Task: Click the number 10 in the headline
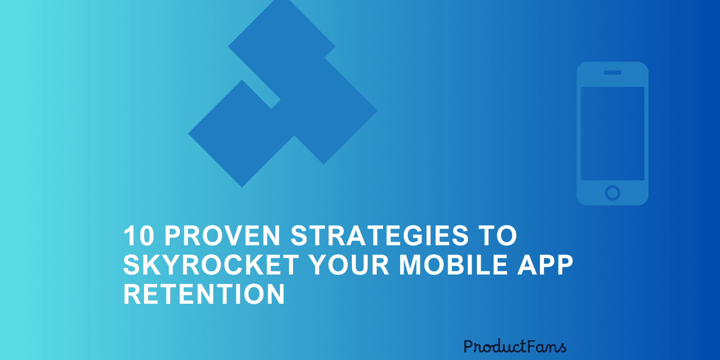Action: coord(139,236)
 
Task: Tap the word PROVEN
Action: coord(222,236)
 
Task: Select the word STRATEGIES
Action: coord(379,236)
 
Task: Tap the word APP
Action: coord(545,265)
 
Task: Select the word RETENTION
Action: coord(204,294)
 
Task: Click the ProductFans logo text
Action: coord(515,346)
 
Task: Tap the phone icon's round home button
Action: coord(612,193)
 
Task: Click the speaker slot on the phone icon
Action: coord(612,72)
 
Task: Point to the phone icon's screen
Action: coord(612,134)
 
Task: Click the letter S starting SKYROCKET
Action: coord(132,265)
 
